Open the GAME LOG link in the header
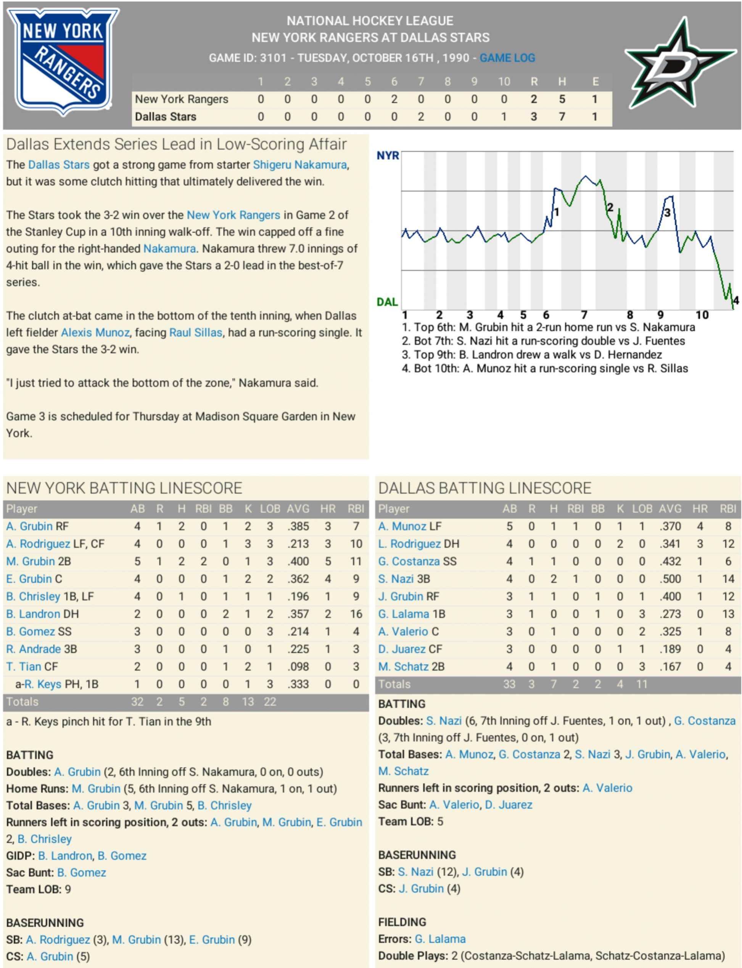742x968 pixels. tap(507, 58)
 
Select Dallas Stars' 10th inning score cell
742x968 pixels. tap(504, 117)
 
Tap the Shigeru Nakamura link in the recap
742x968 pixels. tap(300, 165)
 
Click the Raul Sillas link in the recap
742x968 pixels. tap(196, 332)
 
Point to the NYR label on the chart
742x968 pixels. tap(387, 156)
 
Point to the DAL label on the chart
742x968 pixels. tap(387, 302)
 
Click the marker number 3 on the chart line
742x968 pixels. tap(667, 213)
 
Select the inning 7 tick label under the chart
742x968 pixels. tap(584, 315)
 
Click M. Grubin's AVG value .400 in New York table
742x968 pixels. tap(298, 561)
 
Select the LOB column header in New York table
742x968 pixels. tap(270, 509)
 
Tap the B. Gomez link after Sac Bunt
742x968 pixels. tap(82, 873)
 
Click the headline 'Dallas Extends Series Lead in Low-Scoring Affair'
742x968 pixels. tap(176, 145)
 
